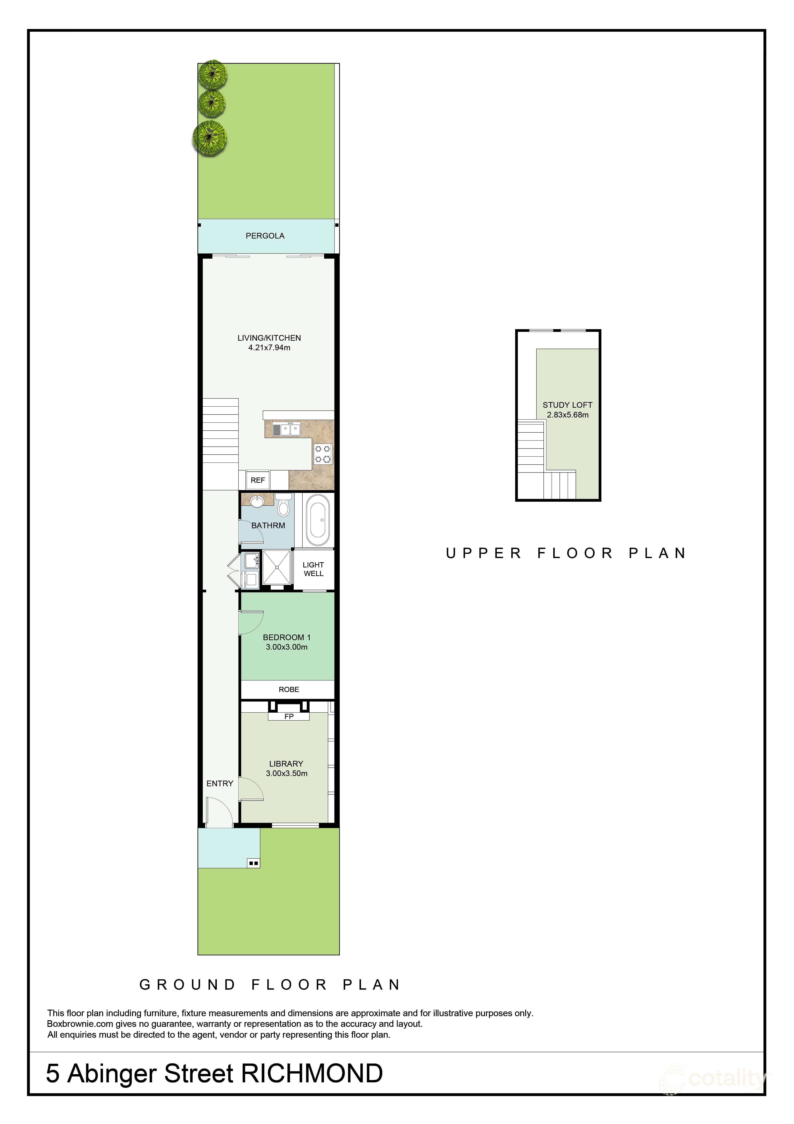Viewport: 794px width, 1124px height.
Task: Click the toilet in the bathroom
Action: [283, 505]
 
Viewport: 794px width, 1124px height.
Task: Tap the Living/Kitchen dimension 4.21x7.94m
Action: [269, 347]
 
